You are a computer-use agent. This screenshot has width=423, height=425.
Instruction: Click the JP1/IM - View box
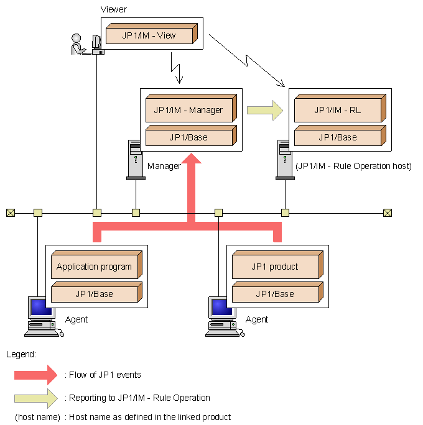152,34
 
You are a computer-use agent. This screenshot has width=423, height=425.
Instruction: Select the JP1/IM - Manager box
192,108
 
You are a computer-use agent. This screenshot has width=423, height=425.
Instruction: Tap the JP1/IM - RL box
340,108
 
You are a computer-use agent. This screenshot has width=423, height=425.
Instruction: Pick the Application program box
97,265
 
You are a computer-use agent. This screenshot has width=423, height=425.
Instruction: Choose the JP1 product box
278,265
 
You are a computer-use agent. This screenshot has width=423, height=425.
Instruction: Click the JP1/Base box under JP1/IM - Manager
192,135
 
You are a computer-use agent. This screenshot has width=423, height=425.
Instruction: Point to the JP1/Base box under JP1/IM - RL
340,135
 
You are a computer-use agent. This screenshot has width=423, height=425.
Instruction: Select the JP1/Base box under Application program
97,292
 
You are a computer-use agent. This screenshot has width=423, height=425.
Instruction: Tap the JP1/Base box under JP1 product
278,292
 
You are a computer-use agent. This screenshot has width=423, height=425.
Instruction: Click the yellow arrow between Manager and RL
265,111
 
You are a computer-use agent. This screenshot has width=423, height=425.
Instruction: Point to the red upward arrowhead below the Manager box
192,158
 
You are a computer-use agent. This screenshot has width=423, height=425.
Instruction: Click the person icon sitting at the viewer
78,44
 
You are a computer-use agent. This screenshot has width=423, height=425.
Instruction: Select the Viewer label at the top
113,9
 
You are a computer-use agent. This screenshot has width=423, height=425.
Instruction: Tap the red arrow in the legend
36,375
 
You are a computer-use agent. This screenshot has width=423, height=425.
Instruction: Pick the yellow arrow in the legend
36,398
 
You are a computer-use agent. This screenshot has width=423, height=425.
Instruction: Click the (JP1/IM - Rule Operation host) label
353,166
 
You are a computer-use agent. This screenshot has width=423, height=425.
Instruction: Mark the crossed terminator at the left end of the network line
11,213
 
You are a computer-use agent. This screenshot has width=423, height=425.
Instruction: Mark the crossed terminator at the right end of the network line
388,213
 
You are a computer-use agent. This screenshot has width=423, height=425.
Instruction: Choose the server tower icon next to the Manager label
136,160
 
